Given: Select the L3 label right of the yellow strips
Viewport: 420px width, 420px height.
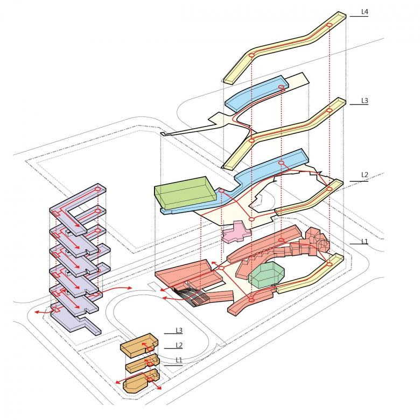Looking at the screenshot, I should [x=365, y=101].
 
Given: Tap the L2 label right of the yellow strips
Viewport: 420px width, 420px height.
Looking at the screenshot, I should [x=365, y=175].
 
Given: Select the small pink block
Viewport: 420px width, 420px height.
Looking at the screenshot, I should [x=235, y=233].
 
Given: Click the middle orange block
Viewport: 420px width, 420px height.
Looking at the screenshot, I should [x=141, y=364].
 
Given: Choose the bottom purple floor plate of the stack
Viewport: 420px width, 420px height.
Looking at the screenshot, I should [x=75, y=318].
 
